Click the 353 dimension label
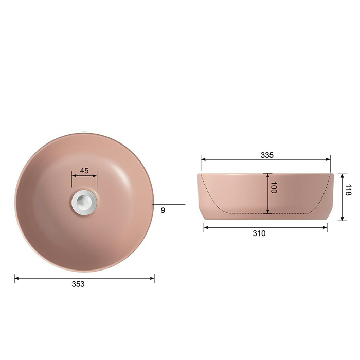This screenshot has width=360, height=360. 78,284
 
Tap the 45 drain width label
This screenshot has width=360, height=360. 84,171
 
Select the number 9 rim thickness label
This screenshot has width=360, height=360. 163,210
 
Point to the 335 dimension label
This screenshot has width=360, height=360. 267,155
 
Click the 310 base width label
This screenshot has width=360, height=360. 259,233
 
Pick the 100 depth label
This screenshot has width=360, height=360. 274,187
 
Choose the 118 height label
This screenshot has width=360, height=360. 348,190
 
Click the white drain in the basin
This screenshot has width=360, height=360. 84,202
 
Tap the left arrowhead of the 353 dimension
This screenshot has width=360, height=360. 17,278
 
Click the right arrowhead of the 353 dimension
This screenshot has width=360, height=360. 152,278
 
